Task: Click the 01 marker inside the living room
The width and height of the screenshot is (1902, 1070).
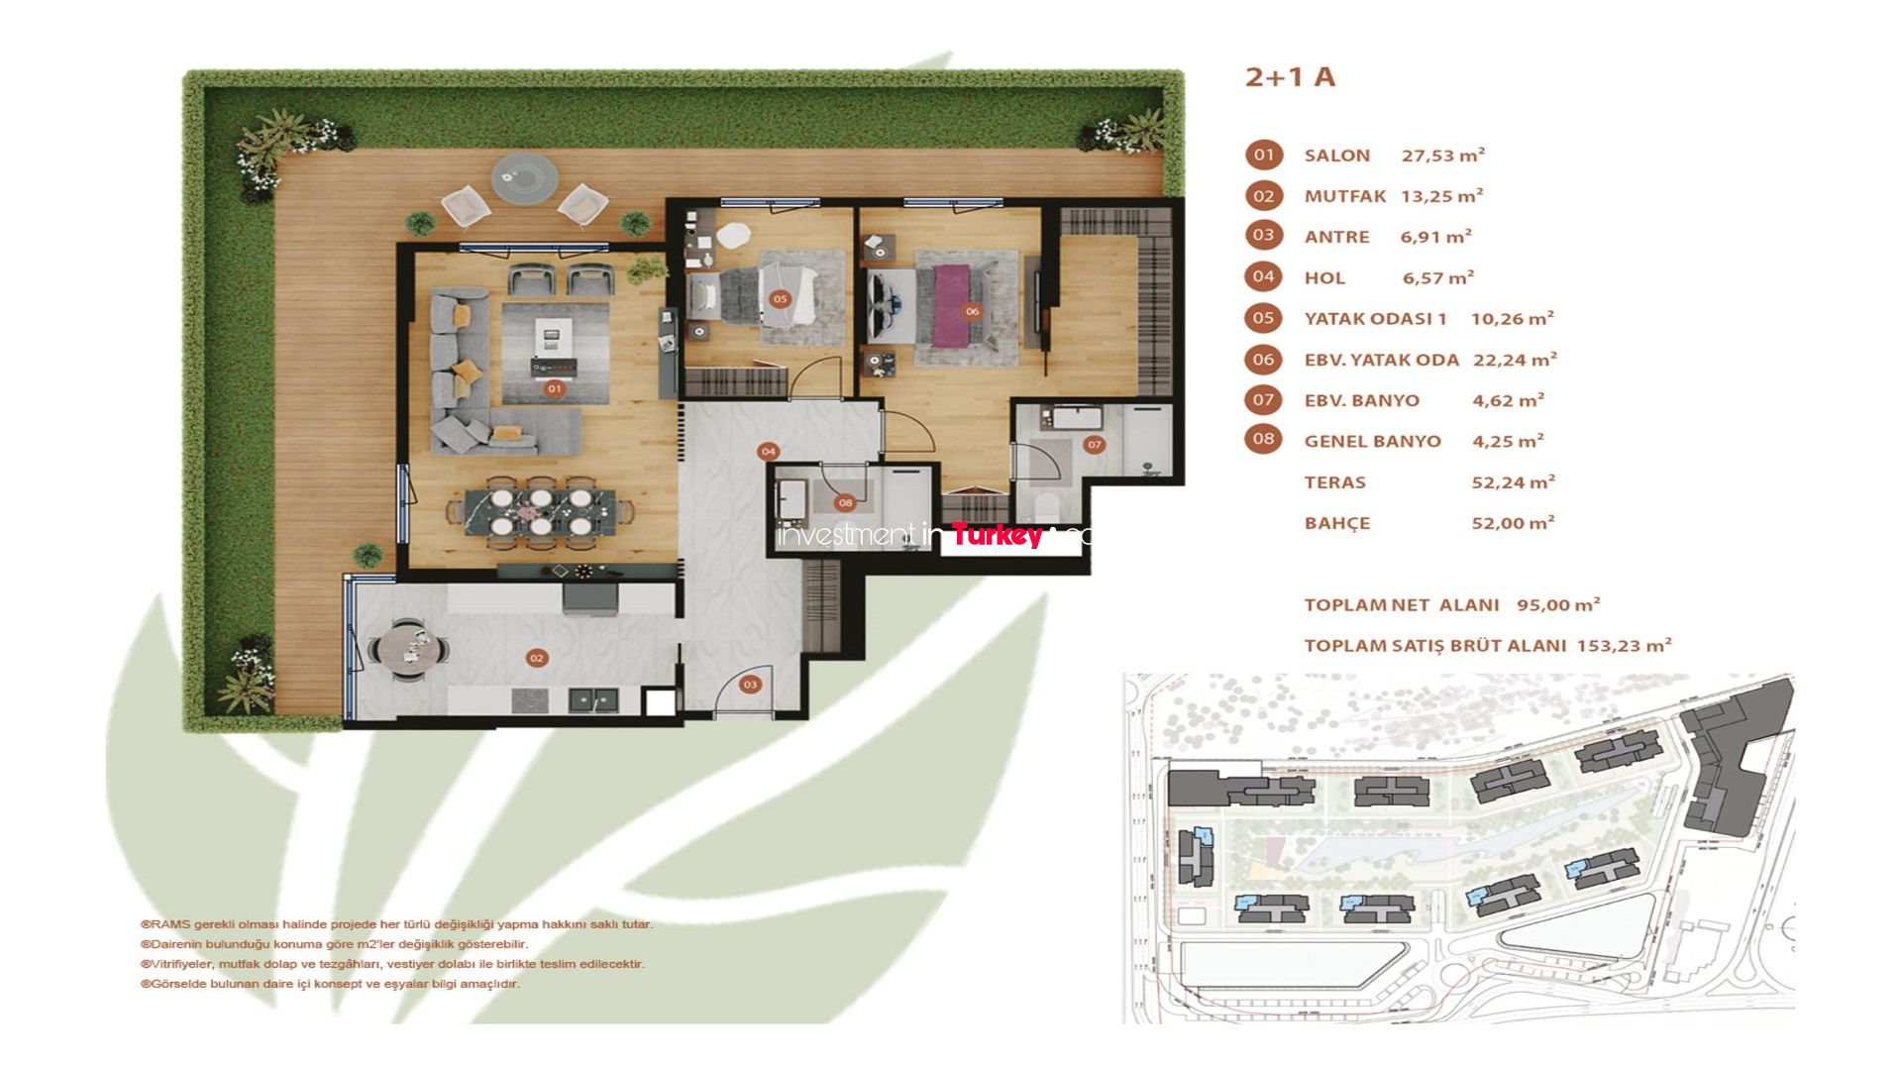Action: (554, 388)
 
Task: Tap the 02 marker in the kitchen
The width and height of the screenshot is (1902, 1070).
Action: (537, 658)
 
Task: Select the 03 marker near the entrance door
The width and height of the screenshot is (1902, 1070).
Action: (750, 684)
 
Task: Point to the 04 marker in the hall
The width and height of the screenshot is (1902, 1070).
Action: (768, 452)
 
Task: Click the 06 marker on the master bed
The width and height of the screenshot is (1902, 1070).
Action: (972, 311)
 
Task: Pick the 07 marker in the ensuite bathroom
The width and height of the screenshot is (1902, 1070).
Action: (1095, 445)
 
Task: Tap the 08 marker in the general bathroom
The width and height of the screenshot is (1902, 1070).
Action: (845, 502)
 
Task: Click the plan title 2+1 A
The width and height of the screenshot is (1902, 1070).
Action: (1290, 77)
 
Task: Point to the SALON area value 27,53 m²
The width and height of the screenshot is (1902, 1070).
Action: (1443, 155)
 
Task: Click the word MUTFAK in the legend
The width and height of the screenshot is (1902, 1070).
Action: (1345, 196)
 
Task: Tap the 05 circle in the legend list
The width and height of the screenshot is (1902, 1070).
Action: (1263, 318)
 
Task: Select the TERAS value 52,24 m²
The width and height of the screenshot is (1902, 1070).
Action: (1514, 482)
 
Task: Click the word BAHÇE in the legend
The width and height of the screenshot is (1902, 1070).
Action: (1337, 523)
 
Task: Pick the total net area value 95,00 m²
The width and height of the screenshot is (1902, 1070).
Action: (1559, 604)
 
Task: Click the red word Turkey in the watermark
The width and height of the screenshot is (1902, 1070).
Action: (997, 536)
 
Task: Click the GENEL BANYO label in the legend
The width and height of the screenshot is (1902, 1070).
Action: (1373, 441)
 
